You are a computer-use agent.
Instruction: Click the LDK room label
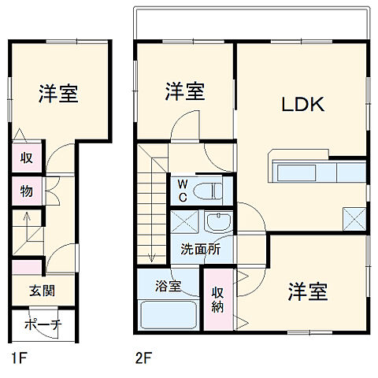point(300,105)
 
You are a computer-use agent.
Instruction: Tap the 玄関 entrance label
point(43,291)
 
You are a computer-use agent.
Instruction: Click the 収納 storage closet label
point(218,299)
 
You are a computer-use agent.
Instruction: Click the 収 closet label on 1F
point(26,157)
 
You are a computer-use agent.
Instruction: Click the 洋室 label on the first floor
point(57,94)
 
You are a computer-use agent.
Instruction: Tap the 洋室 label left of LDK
point(185,92)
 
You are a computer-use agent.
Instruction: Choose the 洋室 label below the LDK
point(307,291)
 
